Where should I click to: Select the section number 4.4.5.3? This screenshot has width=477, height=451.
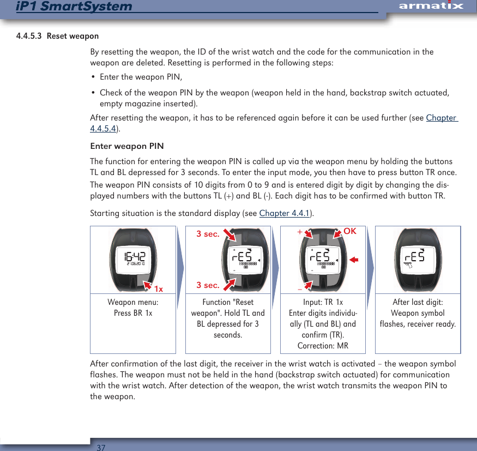tap(29, 37)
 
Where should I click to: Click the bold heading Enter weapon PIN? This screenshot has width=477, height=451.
tap(126, 146)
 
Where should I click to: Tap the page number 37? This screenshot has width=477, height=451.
tap(100, 447)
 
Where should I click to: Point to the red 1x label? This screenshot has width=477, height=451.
tap(159, 288)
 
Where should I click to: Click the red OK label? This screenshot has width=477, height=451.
tap(349, 231)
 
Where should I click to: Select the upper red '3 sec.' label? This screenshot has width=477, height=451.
tap(208, 234)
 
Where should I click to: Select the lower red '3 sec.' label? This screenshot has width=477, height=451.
tap(208, 285)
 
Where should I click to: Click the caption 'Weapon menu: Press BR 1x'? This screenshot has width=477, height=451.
tap(133, 308)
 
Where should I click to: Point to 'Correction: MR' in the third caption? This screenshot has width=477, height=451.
tap(323, 346)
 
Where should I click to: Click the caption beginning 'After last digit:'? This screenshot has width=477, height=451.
tap(418, 313)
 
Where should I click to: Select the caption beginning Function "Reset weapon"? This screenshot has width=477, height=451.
tap(228, 318)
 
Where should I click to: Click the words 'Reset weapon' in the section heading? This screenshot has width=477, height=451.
tap(73, 37)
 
